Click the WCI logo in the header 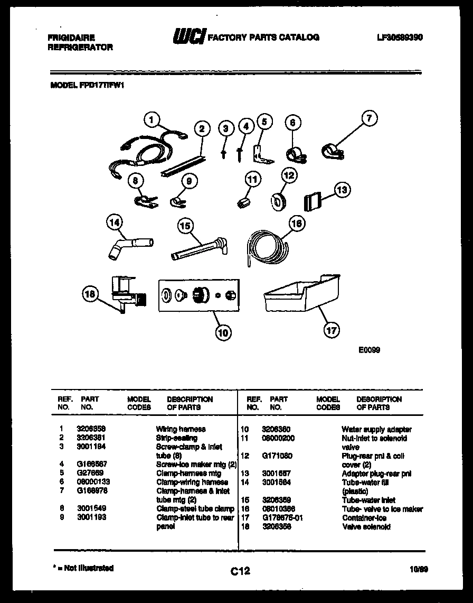[188, 37]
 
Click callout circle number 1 [153, 120]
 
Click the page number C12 [240, 571]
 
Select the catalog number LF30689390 [400, 38]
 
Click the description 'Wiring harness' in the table [181, 429]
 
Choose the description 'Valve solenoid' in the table [366, 527]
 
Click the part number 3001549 [91, 509]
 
